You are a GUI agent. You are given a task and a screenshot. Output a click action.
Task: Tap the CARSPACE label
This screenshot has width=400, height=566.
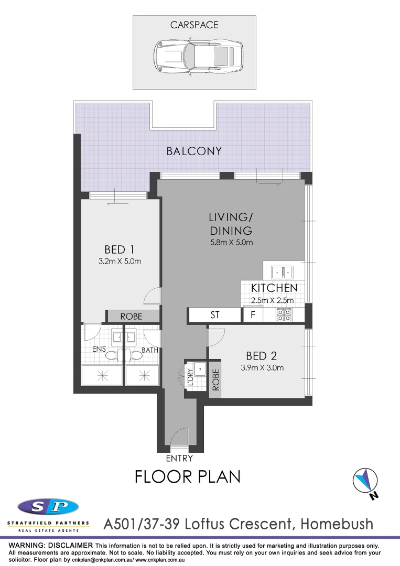194,25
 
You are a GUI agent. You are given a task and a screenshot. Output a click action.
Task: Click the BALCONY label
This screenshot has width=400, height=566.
194,151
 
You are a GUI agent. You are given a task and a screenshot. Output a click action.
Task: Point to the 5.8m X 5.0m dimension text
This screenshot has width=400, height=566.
231,243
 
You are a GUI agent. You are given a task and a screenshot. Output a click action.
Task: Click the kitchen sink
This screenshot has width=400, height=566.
282,272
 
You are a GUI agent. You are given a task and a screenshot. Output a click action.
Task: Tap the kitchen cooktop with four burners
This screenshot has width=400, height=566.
284,315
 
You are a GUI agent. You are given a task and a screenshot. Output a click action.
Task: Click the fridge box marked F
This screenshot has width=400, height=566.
253,315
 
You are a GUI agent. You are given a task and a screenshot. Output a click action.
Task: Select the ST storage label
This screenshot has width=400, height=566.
214,315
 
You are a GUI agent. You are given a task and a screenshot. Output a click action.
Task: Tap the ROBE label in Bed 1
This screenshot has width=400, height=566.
131,317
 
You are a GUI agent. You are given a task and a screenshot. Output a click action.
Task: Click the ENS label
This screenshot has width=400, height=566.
99,349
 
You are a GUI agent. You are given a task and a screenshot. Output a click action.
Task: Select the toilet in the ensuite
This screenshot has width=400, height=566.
112,355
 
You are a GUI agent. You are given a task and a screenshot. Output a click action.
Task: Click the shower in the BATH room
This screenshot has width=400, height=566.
142,376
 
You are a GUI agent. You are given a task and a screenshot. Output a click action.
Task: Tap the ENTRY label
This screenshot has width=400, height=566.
179,459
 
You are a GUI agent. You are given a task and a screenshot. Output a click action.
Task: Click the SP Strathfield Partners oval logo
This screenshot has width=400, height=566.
48,507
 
